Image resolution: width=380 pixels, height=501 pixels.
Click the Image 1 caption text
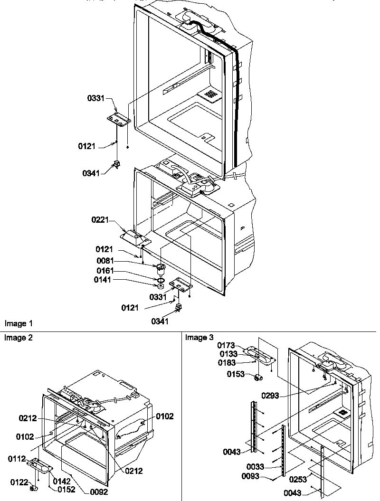[19, 324]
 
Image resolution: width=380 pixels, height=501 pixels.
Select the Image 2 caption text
[19, 338]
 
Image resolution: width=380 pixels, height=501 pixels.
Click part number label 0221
[101, 220]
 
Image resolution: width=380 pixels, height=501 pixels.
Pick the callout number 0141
[104, 281]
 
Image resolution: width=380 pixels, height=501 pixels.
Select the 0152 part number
[66, 489]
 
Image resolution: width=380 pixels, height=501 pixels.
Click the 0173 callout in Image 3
[226, 345]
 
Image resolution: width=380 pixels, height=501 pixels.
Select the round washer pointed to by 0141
[161, 286]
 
